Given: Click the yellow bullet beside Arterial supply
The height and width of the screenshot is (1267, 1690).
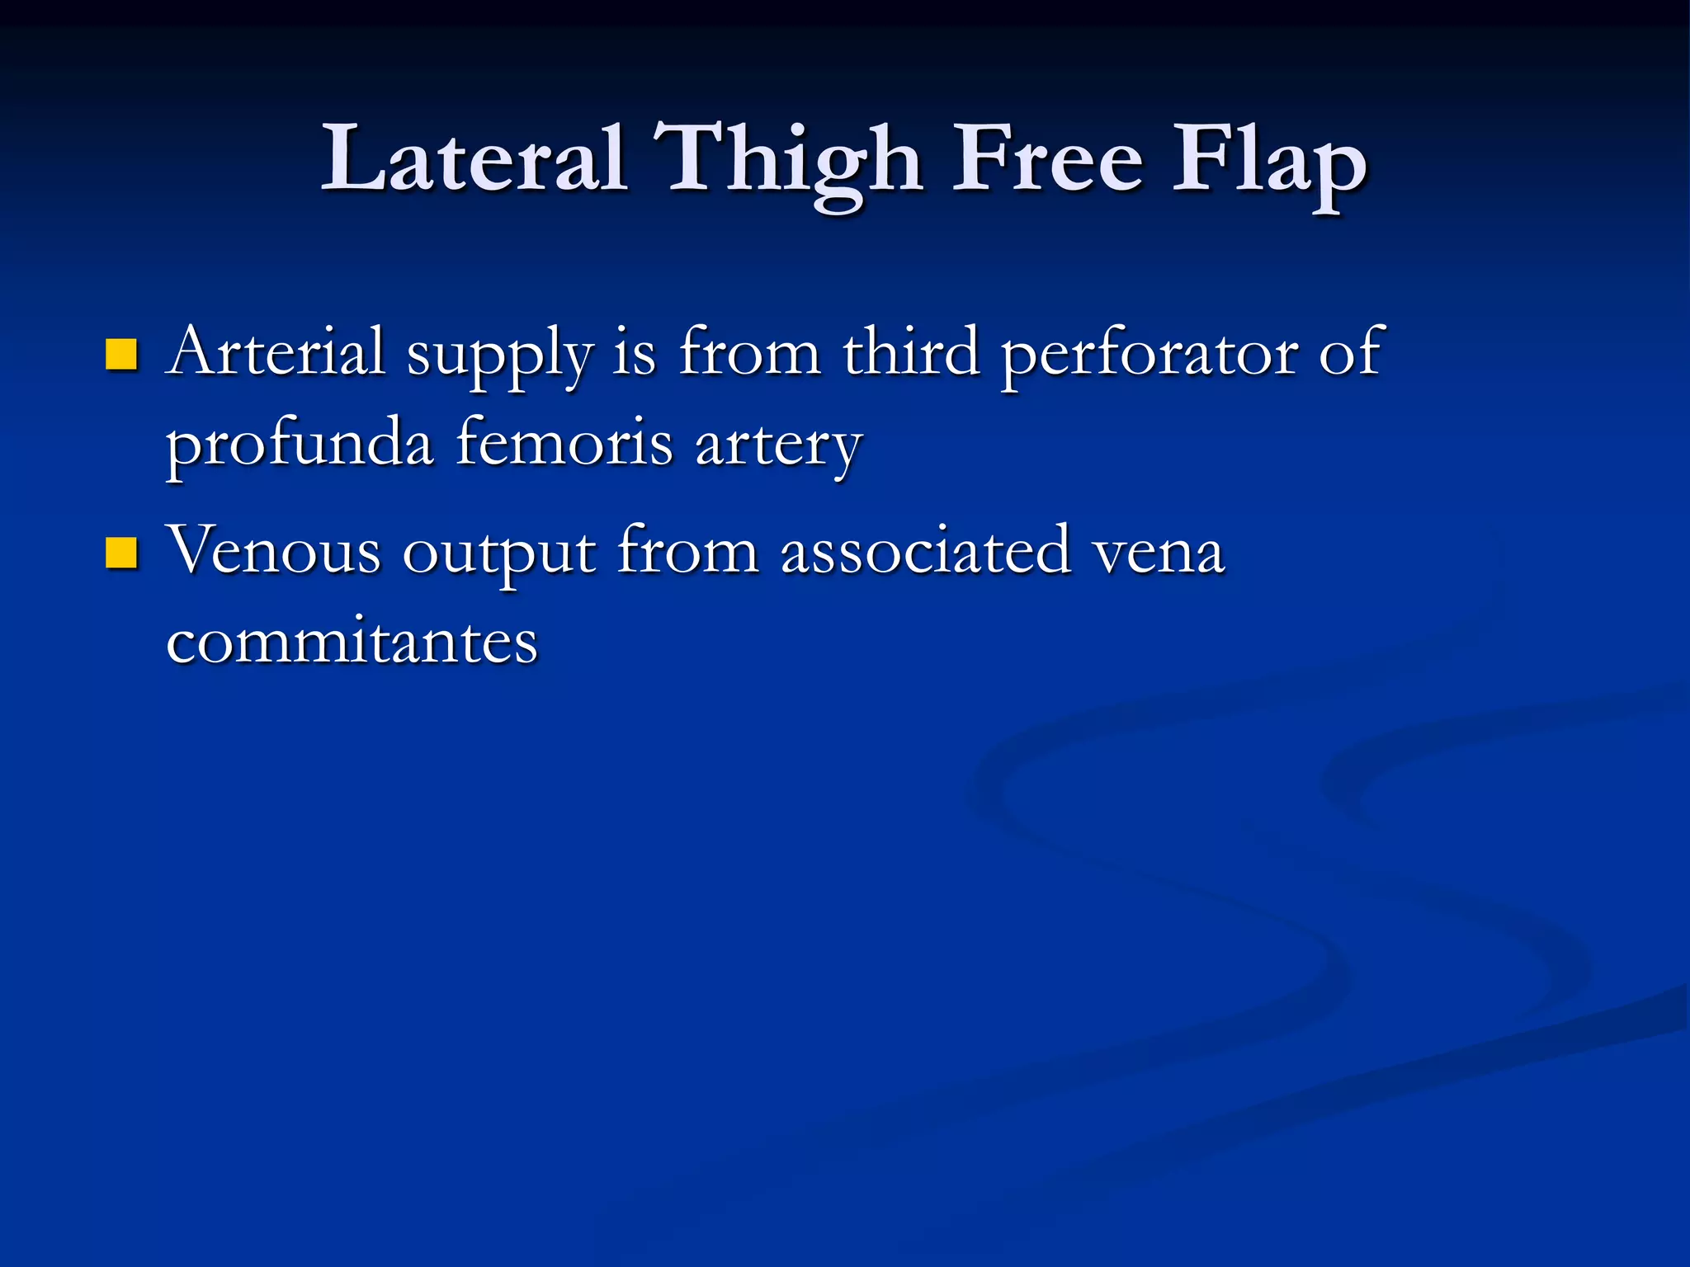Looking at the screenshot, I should [121, 355].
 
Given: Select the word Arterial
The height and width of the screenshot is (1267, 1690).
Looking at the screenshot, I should [276, 352].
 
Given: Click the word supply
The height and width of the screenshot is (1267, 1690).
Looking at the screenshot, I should [500, 356].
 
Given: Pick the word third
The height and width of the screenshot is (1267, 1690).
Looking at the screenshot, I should [910, 352].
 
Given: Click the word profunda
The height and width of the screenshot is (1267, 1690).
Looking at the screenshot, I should [300, 445].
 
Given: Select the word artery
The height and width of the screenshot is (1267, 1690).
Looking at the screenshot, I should [778, 447].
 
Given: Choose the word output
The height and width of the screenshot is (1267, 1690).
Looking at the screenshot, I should [498, 554].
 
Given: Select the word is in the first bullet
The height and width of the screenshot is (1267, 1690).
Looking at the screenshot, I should [635, 352].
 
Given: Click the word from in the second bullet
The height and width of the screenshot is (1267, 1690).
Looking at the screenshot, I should [687, 550].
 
